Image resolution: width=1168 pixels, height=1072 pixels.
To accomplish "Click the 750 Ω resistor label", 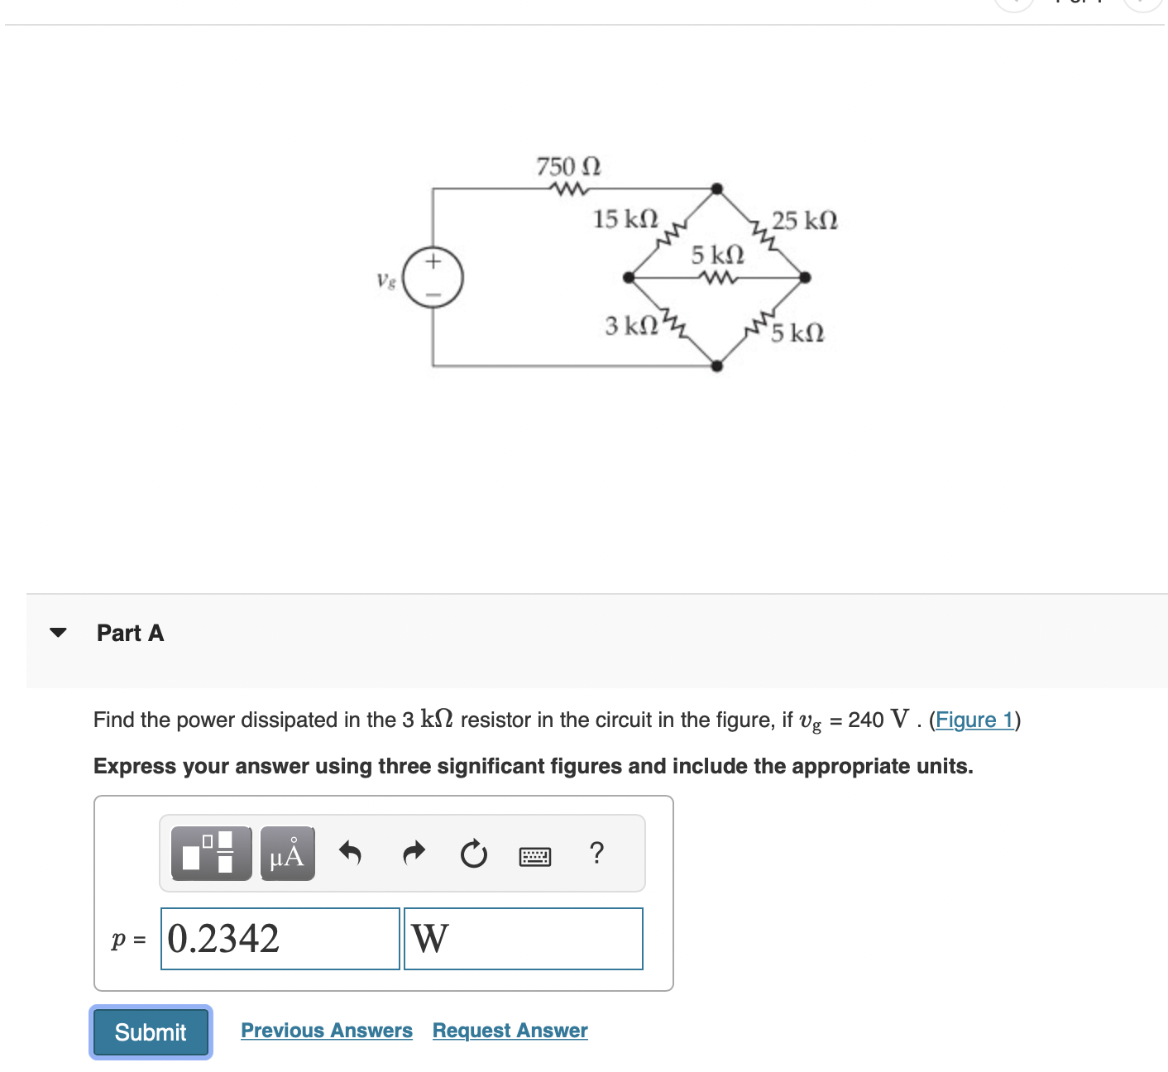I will pos(568,166).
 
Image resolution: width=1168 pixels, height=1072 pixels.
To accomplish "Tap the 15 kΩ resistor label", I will pos(625,219).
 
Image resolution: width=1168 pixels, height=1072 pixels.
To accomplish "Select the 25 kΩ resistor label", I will pos(804,221).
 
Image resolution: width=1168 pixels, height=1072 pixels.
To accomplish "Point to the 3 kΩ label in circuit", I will pos(631,326).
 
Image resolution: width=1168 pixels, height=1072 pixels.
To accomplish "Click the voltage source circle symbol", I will pos(433,277).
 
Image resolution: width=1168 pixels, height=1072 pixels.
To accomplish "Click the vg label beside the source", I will pos(385,280).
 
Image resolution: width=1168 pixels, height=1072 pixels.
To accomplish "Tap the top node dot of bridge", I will pos(717,189).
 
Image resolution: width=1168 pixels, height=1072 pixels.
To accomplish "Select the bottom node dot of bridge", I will pos(717,366).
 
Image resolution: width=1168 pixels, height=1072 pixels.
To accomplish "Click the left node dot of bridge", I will pos(629,277).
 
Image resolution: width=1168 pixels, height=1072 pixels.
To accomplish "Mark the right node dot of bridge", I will pos(805,277).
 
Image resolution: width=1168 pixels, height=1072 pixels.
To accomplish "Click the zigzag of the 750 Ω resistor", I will pos(568,189).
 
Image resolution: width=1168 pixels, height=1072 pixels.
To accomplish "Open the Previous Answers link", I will pos(326,1031).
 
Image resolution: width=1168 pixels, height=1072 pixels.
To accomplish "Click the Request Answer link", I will pos(510,1031).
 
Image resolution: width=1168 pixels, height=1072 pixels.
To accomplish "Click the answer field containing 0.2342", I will pos(280,939).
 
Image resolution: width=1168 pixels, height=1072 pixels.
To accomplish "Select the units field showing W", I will pos(523,939).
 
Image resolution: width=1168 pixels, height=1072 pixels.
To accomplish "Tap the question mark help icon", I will pos(596,853).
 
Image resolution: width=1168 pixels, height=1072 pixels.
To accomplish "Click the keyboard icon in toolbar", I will pos(535,856).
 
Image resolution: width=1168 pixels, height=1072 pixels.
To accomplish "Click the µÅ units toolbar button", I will pos(287,854).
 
